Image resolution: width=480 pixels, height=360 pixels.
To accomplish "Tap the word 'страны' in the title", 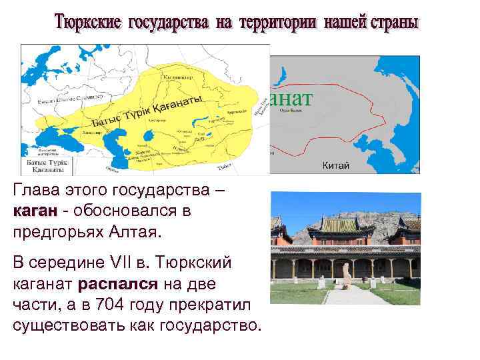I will tap(393, 22).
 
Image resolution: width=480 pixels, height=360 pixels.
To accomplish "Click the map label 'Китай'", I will tap(334, 165).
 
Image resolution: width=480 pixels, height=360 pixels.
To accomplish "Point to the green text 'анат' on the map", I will tap(291, 97).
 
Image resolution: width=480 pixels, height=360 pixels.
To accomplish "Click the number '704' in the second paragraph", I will tap(110, 305).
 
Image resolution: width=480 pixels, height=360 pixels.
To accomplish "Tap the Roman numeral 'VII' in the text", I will tap(108, 263).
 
